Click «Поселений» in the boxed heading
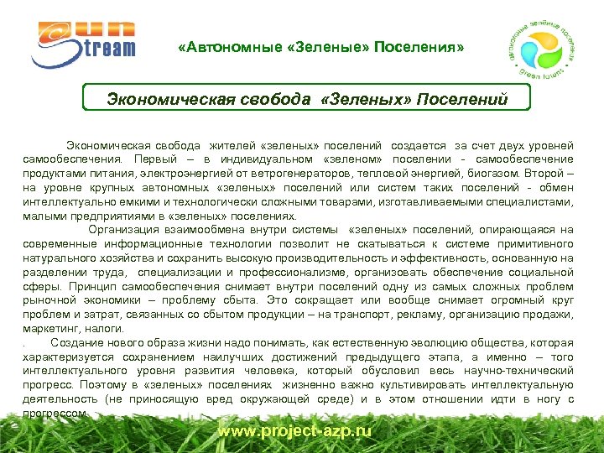tap(466, 100)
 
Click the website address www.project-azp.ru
tap(294, 431)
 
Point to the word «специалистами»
tap(525, 202)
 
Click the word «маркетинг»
tap(50, 327)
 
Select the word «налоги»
tap(103, 327)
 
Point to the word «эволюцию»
tap(436, 343)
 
